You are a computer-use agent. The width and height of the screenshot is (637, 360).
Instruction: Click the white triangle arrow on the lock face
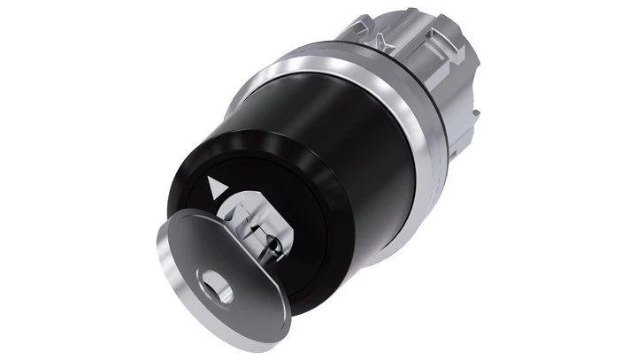(213, 187)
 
